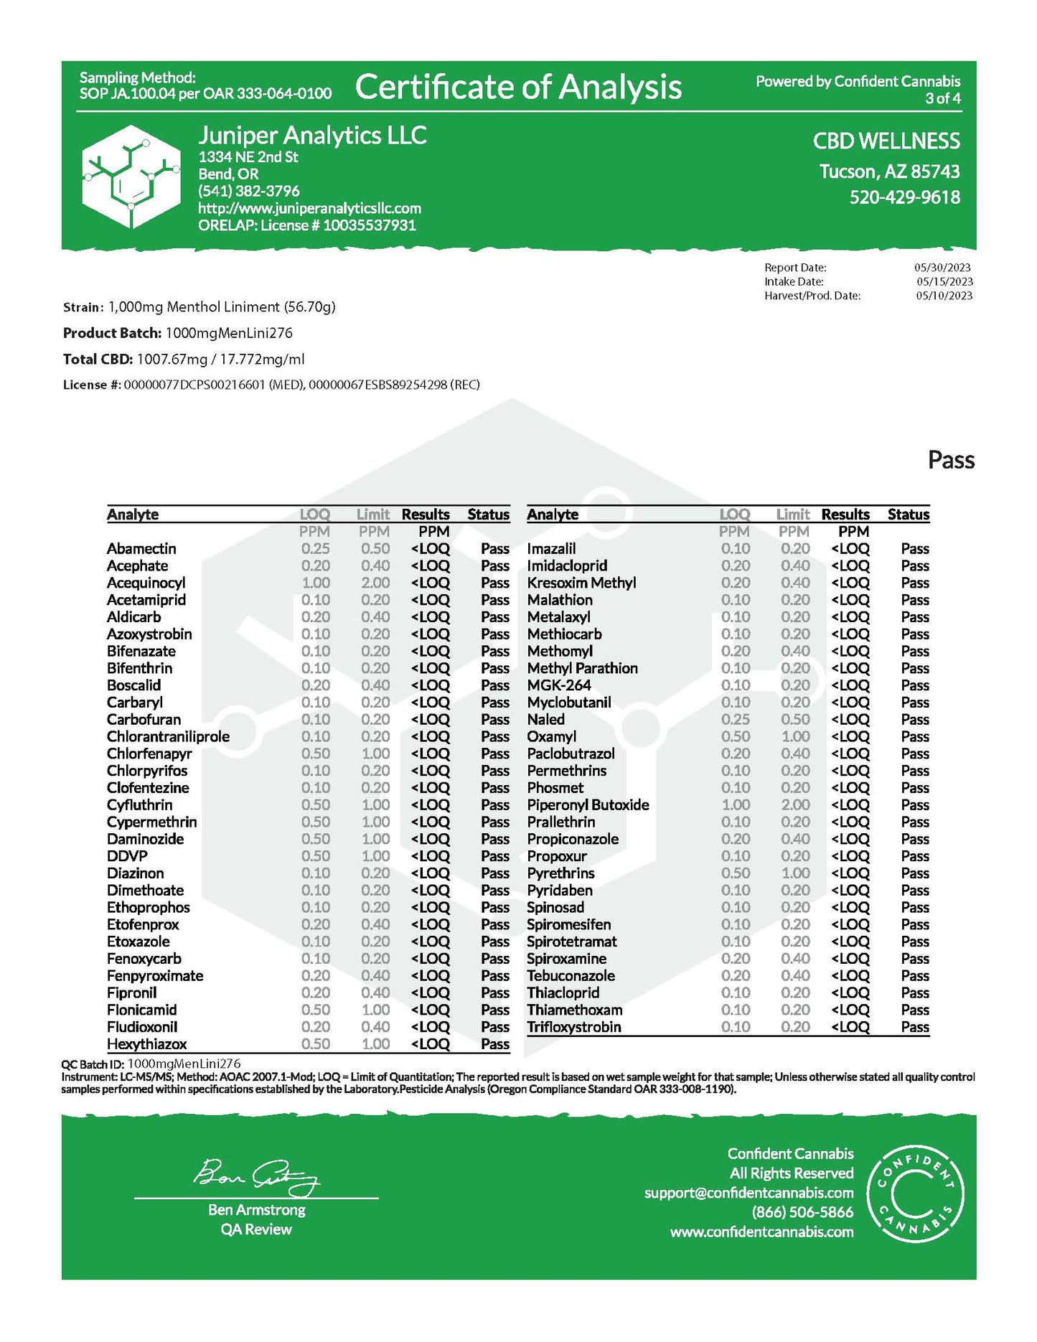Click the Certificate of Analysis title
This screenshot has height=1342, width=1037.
tap(518, 88)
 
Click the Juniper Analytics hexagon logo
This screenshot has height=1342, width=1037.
tap(131, 176)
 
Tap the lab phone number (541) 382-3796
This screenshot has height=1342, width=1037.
tap(249, 191)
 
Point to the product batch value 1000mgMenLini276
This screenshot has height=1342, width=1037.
tap(229, 333)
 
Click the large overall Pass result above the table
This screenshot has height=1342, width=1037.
tap(951, 460)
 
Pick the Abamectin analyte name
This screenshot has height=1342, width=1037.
tap(141, 549)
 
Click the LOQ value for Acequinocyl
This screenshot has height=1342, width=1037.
tap(316, 583)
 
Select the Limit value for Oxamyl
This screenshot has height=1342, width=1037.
tap(794, 737)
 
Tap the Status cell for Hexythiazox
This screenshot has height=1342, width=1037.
tap(495, 1044)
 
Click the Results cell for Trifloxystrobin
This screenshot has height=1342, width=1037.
tap(850, 1027)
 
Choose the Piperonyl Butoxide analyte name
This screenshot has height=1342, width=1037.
tap(588, 805)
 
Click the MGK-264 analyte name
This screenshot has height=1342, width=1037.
tap(559, 685)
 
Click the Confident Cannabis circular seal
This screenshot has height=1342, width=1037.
tap(916, 1192)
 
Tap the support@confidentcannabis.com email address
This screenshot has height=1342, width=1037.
tap(749, 1193)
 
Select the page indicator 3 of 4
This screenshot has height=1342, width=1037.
tap(943, 99)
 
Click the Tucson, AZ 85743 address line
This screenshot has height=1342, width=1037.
tap(889, 172)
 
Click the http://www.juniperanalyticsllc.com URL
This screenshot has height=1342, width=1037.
tap(310, 208)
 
